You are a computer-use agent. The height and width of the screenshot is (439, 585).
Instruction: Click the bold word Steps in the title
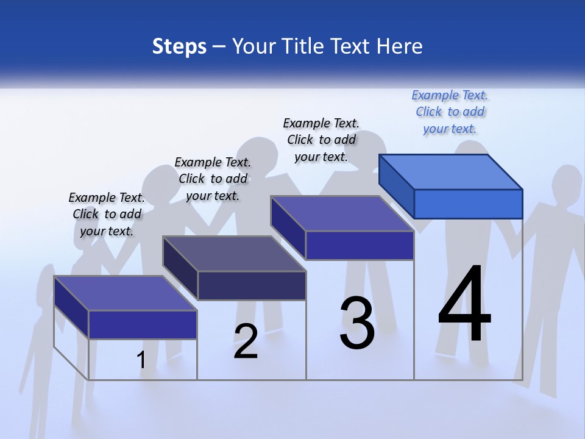[179, 46]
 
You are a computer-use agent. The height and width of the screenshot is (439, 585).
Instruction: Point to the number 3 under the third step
[357, 323]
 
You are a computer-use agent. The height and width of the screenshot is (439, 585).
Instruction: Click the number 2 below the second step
[246, 341]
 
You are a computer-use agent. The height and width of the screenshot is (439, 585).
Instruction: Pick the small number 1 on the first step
[141, 360]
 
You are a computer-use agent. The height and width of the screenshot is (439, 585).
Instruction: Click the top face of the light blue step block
[451, 171]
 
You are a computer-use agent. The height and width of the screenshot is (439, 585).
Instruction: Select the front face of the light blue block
[468, 204]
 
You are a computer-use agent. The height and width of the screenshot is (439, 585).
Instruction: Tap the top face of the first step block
[126, 293]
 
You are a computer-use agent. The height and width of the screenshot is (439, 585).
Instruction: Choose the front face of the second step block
[252, 285]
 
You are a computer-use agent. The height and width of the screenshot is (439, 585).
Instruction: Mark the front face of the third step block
[360, 245]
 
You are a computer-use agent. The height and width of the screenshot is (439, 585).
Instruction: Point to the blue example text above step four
[450, 112]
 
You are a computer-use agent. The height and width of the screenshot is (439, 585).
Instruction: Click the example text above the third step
[321, 140]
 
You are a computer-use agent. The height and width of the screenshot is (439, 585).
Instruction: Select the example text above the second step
[213, 179]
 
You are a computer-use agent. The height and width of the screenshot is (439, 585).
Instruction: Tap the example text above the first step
[107, 214]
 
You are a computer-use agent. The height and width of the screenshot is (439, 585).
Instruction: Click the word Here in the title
[401, 46]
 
